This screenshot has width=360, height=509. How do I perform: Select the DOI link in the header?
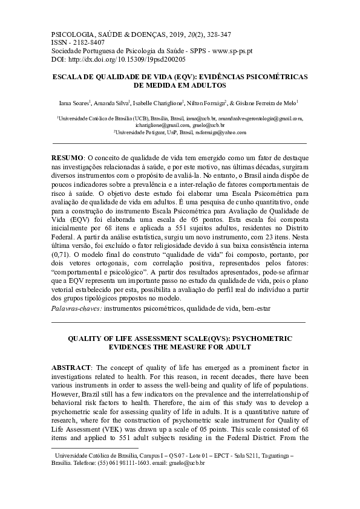119,60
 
